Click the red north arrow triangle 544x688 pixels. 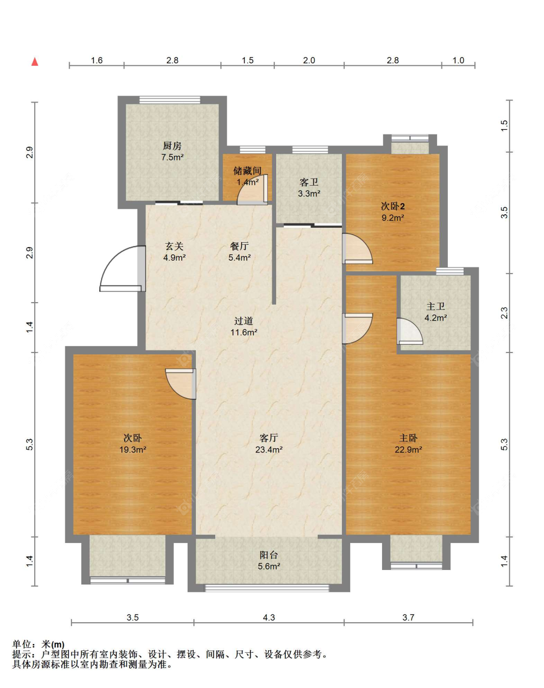[35, 62]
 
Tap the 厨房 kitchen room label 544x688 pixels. [172, 151]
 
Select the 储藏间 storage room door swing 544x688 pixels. [252, 190]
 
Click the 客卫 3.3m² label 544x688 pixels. [309, 188]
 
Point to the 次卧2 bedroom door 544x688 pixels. [357, 249]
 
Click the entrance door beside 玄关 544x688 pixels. [123, 268]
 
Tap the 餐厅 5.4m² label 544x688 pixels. [239, 251]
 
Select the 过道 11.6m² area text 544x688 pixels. [244, 326]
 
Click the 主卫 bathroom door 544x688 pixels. [410, 331]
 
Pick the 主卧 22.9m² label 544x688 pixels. [409, 444]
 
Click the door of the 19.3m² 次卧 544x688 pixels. [181, 384]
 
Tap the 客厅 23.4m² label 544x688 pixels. [269, 444]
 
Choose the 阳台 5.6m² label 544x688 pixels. [269, 561]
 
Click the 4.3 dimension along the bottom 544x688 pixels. [269, 617]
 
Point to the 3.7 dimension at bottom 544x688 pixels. [409, 617]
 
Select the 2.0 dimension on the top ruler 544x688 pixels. [309, 60]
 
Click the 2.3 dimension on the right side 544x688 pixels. [504, 313]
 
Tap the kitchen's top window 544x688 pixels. [170, 100]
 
